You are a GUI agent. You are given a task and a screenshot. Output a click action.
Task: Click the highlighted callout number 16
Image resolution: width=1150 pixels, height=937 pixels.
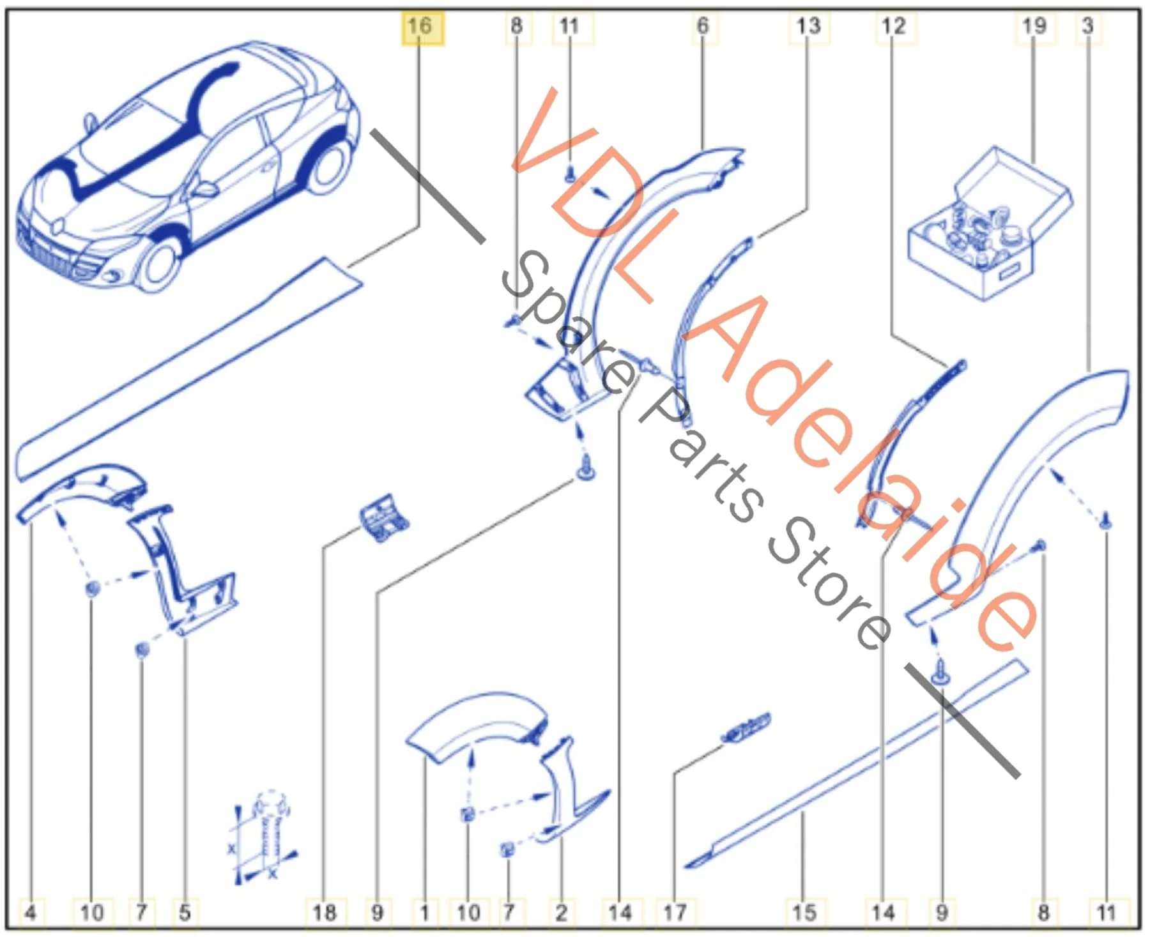[x=421, y=27]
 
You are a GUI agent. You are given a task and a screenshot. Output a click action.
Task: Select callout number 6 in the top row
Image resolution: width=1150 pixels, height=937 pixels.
[x=703, y=27]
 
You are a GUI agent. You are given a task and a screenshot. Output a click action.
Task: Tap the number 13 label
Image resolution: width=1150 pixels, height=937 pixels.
[x=809, y=27]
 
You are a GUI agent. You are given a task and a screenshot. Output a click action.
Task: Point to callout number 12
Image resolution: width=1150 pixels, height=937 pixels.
[x=894, y=27]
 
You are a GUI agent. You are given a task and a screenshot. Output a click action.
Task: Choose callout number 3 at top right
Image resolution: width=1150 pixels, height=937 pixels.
[x=1088, y=27]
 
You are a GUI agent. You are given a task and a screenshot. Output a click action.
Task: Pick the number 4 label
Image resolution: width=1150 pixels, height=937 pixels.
[x=30, y=912]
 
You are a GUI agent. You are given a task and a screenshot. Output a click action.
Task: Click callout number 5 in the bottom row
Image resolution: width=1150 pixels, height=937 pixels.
[x=185, y=912]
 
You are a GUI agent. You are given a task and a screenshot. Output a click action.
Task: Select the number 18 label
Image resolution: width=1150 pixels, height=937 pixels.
[x=325, y=912]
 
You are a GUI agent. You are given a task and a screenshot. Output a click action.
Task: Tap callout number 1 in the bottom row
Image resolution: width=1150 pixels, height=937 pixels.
[x=424, y=912]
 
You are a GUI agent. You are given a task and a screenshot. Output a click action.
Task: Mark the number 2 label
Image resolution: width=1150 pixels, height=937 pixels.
[x=561, y=912]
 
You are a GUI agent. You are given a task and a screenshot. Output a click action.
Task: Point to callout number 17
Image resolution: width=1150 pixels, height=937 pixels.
[x=675, y=912]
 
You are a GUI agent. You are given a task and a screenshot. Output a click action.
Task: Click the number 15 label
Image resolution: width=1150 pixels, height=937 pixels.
[x=804, y=912]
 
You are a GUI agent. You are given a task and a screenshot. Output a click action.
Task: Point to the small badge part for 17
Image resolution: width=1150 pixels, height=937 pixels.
[x=746, y=729]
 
